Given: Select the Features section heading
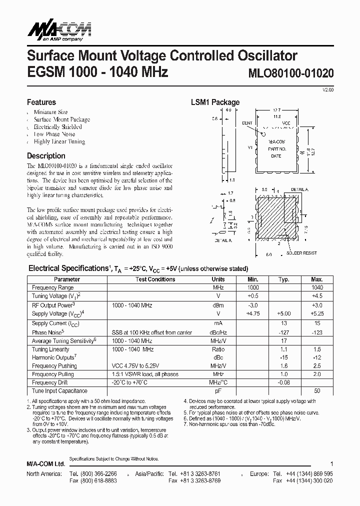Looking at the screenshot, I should [x=41, y=102].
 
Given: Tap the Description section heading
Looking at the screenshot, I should [x=46, y=156].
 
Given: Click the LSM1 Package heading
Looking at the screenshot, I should [x=215, y=102].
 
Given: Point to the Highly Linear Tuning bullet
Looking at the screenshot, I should [x=59, y=141].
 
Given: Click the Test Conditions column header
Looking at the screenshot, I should [x=155, y=279].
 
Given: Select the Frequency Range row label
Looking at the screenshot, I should [x=52, y=287].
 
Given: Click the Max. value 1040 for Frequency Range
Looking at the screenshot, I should [x=316, y=287].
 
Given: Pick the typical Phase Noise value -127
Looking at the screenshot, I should [x=283, y=332].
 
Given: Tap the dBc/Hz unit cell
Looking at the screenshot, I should [x=218, y=332].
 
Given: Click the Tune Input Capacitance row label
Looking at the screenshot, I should [x=59, y=391].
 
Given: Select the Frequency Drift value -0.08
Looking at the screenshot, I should [x=283, y=382].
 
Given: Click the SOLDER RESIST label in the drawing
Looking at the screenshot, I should [x=301, y=253].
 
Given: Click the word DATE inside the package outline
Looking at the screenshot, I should [x=276, y=156].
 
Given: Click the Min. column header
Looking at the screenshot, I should [x=253, y=279].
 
